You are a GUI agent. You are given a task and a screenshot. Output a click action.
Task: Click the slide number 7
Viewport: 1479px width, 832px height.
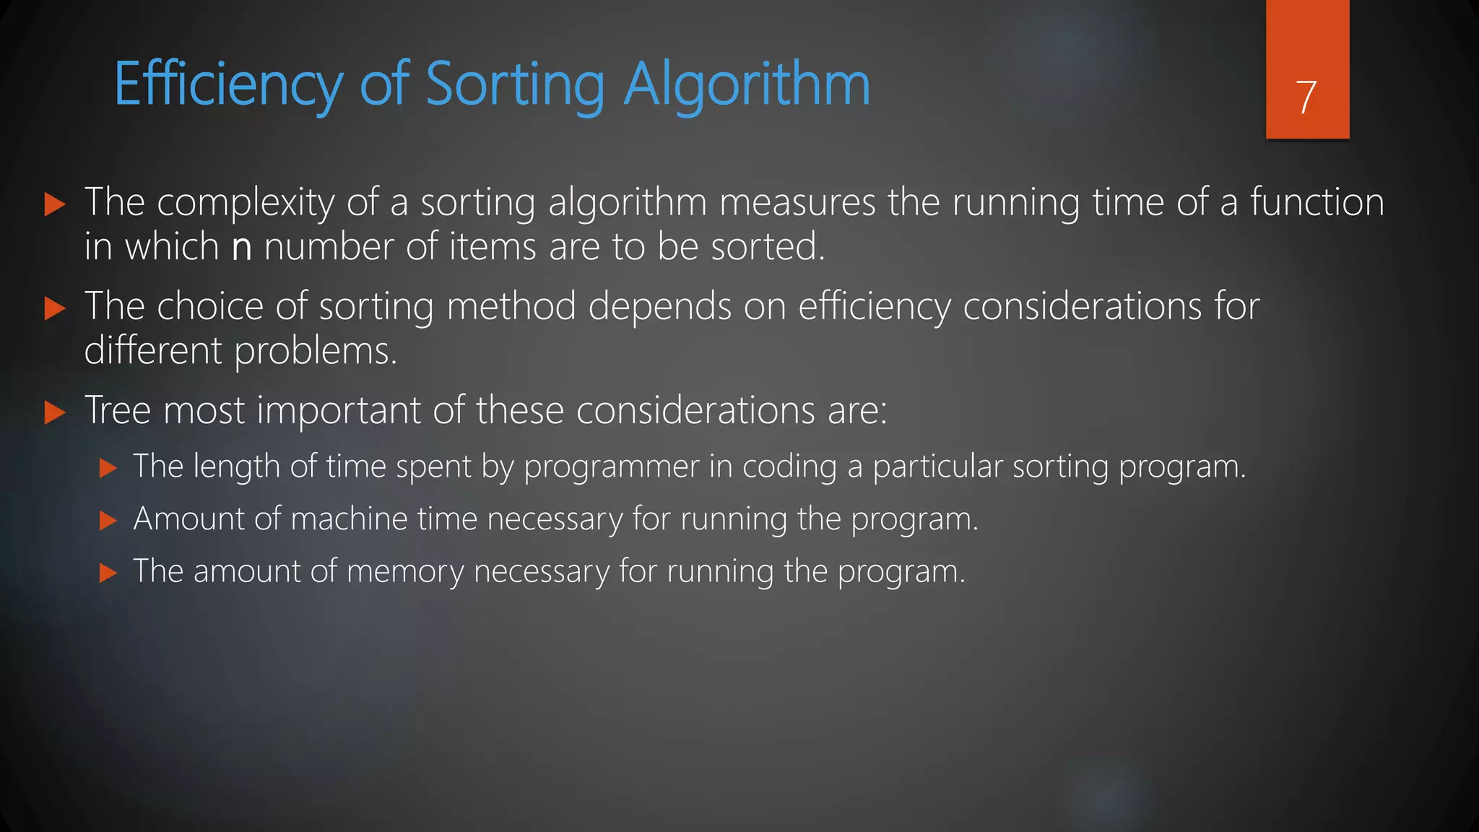point(1306,97)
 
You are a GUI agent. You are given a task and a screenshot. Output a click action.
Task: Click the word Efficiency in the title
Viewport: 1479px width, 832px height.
point(229,85)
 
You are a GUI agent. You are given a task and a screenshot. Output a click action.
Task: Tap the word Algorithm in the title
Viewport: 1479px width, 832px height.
point(747,85)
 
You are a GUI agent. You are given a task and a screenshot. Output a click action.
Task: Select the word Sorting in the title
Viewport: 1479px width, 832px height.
point(515,85)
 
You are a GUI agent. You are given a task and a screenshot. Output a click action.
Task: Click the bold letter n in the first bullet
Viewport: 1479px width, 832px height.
point(242,248)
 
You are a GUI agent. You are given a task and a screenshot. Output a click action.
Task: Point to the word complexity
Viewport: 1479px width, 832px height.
point(246,203)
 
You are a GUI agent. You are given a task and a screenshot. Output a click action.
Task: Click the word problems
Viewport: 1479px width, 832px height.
point(316,352)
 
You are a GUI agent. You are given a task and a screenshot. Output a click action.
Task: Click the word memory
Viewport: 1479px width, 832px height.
point(405,571)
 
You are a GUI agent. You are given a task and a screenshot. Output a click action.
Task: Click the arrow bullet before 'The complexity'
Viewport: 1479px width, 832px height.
point(55,204)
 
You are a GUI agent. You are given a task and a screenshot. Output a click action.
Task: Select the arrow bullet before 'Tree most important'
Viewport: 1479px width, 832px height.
point(55,413)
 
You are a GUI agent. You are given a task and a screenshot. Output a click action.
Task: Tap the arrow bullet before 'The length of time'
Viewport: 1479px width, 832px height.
point(108,468)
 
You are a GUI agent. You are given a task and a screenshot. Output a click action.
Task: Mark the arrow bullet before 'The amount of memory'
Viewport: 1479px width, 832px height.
point(108,573)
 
